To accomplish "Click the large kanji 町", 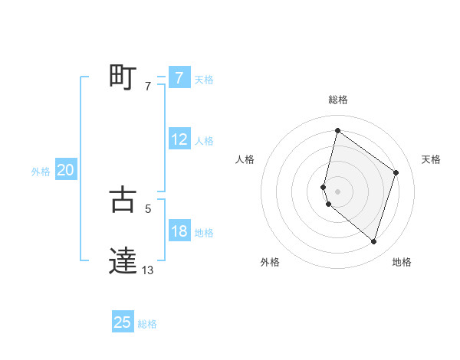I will (x=122, y=77).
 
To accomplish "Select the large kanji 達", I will (x=122, y=260).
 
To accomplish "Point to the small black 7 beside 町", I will (x=147, y=87).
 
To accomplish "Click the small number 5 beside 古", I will (x=147, y=208).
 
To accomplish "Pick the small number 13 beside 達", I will (x=148, y=270).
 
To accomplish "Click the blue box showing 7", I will (x=179, y=77).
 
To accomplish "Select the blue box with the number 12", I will (x=179, y=139).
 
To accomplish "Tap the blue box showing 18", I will (x=179, y=231).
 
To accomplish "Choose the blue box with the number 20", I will (x=65, y=170).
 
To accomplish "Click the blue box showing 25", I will (x=122, y=322).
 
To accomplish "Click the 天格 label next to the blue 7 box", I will (x=204, y=79).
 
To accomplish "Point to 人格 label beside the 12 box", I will (x=204, y=141).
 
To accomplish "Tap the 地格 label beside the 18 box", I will (x=204, y=233).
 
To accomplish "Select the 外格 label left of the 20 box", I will (x=41, y=172).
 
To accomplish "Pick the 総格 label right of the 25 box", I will (x=147, y=324).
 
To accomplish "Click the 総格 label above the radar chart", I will (x=337, y=100).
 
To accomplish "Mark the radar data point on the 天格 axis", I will (x=396, y=172).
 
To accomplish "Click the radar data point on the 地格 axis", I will (x=373, y=241).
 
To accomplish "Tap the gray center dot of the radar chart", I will (x=337, y=191).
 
